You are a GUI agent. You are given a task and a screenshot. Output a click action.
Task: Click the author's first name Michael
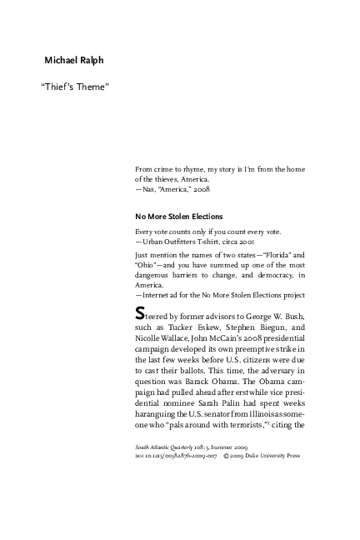pyautogui.click(x=62, y=61)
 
